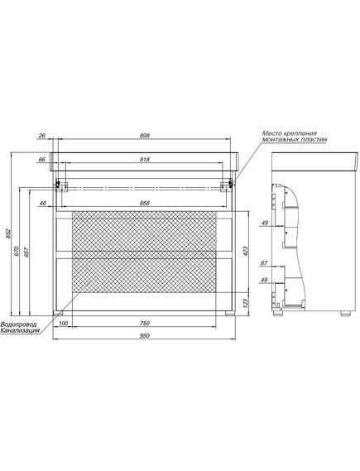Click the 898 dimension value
pyautogui.click(x=145, y=136)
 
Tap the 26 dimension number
pyautogui.click(x=41, y=136)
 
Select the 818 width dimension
pyautogui.click(x=145, y=160)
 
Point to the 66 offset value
pyautogui.click(x=41, y=160)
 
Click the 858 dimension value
pyautogui.click(x=145, y=204)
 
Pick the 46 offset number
pyautogui.click(x=43, y=204)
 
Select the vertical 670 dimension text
pyautogui.click(x=17, y=251)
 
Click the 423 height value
pyautogui.click(x=245, y=251)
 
